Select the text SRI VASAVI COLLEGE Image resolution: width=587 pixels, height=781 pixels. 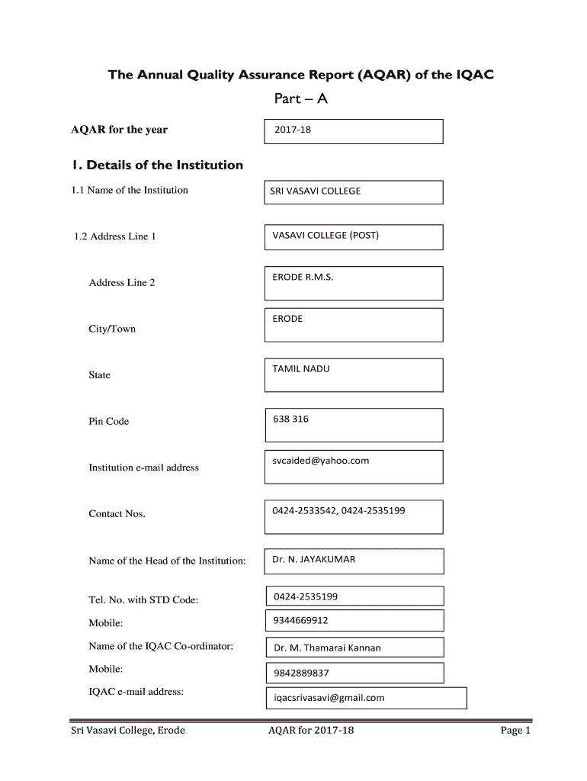pos(316,191)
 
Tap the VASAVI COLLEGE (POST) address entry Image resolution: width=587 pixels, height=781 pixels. pos(326,235)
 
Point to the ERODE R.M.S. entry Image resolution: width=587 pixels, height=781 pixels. pos(303,277)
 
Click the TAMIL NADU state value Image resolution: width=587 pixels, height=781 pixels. pos(301,369)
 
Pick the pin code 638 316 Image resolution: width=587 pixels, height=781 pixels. pos(290,419)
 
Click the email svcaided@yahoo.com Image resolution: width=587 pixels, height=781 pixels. pos(321,461)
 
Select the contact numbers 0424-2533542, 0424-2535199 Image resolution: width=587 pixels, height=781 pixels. pos(338,510)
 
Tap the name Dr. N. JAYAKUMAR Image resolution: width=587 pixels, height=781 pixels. pos(314,559)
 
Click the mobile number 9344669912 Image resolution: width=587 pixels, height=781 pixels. pos(301,621)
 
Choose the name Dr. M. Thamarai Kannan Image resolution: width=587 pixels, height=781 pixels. pos(328,648)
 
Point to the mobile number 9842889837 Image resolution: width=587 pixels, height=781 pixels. pos(302,673)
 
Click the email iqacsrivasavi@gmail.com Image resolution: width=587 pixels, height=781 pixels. pos(329,698)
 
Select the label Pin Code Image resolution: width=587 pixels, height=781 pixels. pos(109,422)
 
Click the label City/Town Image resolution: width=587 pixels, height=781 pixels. pos(112,329)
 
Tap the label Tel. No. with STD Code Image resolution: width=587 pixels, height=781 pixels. pos(143,600)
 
